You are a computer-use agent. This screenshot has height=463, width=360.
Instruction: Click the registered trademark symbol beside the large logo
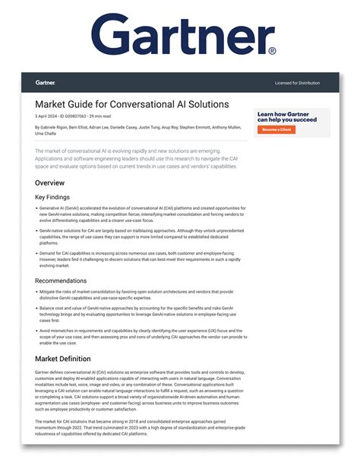(272, 51)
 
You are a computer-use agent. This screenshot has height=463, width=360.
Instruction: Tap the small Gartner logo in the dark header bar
(45, 82)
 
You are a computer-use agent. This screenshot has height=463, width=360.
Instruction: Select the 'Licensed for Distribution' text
(298, 82)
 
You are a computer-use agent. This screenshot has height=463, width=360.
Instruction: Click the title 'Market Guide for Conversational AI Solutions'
(131, 103)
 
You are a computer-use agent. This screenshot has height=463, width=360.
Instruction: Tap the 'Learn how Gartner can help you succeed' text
(287, 116)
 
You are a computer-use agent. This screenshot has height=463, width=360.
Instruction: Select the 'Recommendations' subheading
(60, 281)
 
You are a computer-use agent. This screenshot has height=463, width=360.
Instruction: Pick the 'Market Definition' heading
(63, 358)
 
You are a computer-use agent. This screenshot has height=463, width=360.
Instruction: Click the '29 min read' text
(98, 116)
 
